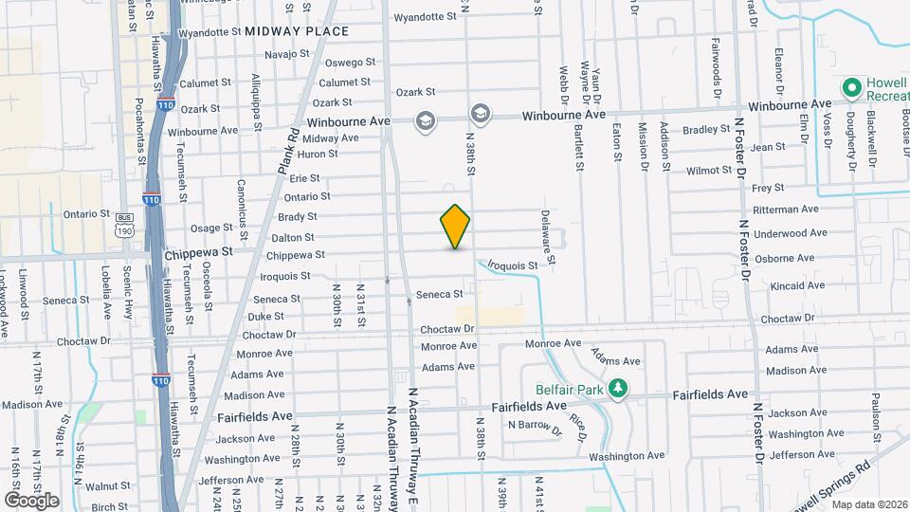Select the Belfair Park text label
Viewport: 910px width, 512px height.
tap(569, 388)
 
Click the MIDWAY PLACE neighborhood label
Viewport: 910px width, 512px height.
tap(297, 31)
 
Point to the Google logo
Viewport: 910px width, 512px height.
tap(31, 500)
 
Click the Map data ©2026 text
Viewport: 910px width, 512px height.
tap(867, 504)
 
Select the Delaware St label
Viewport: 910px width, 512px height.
tap(546, 237)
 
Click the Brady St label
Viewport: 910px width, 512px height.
tap(298, 217)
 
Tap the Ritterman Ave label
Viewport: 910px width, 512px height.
tap(784, 209)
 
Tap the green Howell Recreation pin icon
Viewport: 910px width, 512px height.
tap(851, 89)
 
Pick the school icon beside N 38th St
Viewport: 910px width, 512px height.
tap(480, 115)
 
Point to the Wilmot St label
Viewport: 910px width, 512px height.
tap(710, 171)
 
